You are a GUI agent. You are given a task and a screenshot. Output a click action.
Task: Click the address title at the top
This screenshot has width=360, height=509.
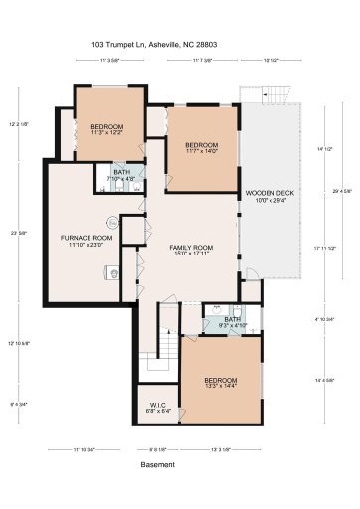pos(179,46)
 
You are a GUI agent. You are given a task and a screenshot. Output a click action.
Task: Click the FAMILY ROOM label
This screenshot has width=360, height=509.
pos(189,249)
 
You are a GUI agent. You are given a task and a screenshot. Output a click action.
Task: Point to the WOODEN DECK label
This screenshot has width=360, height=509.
pos(270,197)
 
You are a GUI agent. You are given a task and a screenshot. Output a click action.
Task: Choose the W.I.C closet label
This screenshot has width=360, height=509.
pos(157,407)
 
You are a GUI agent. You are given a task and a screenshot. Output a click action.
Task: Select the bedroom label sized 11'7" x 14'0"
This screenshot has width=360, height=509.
pos(201,147)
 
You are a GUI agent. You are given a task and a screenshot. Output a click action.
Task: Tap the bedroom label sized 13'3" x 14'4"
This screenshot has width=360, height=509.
pos(220,383)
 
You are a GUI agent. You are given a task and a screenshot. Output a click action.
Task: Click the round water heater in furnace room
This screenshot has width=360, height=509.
pos(112,223)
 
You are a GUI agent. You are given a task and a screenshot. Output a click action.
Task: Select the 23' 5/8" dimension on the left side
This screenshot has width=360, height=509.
pos(15,234)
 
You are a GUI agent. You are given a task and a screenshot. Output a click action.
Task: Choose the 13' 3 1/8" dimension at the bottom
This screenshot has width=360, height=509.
pos(222,450)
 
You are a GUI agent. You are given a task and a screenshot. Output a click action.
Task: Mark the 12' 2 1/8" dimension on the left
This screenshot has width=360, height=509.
pos(17,124)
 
